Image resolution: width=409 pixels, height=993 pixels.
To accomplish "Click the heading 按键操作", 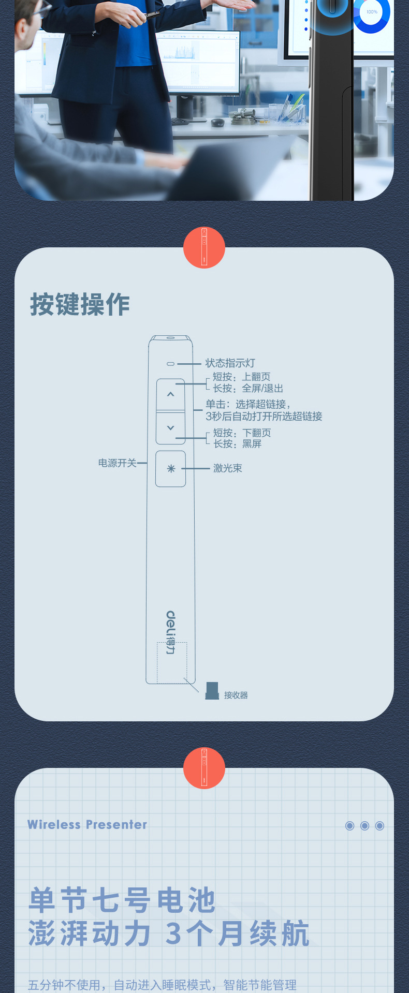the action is tap(80, 304).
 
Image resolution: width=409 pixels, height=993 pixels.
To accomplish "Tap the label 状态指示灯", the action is tap(230, 363).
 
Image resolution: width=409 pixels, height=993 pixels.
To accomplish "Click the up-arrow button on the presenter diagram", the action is tap(170, 395).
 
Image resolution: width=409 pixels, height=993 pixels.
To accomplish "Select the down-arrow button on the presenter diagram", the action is tap(170, 428).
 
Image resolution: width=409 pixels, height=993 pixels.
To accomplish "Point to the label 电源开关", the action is tap(118, 463).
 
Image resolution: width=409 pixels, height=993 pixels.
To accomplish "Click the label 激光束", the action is tap(228, 468).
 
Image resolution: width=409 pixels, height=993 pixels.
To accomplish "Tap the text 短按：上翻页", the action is tap(242, 377).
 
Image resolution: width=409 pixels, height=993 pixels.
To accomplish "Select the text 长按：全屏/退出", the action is tap(248, 389).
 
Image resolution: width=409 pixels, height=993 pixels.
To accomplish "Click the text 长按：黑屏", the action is tap(238, 444).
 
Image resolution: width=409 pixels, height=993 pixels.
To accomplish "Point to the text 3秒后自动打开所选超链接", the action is tap(264, 417).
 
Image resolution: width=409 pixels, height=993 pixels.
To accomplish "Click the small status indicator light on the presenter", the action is tap(170, 364).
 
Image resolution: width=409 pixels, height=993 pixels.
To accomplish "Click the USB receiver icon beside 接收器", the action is tap(212, 691).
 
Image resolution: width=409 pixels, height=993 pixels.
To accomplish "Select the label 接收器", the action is tap(236, 695).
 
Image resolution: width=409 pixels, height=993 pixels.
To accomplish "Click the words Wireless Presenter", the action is tap(87, 824).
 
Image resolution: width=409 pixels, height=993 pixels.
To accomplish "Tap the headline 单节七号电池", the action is tap(122, 900).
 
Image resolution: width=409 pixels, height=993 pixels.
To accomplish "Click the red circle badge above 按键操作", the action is tap(204, 247).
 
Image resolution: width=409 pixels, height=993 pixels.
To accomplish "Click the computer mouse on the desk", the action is tap(218, 123).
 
